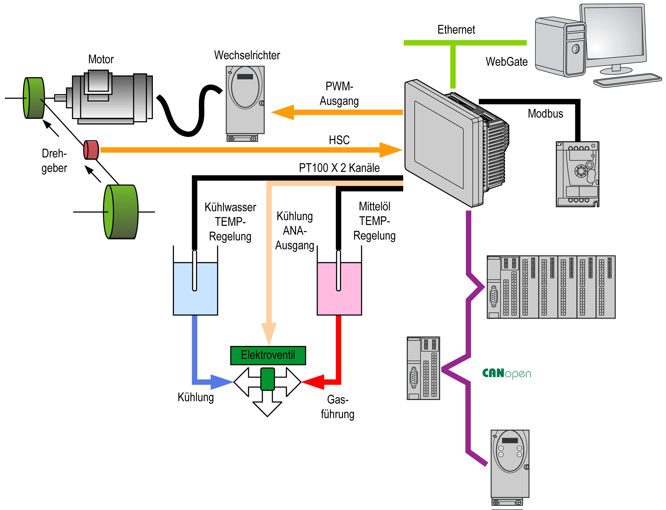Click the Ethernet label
(456, 30)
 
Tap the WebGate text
(506, 62)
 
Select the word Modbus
(545, 114)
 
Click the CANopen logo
(506, 373)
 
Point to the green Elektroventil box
(268, 355)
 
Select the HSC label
(339, 140)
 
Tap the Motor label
(101, 59)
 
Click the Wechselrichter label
(247, 55)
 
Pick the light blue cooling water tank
(195, 288)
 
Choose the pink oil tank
(339, 288)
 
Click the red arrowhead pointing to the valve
(313, 382)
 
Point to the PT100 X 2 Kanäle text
(339, 168)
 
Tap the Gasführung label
(337, 407)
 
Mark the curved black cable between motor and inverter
(189, 115)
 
